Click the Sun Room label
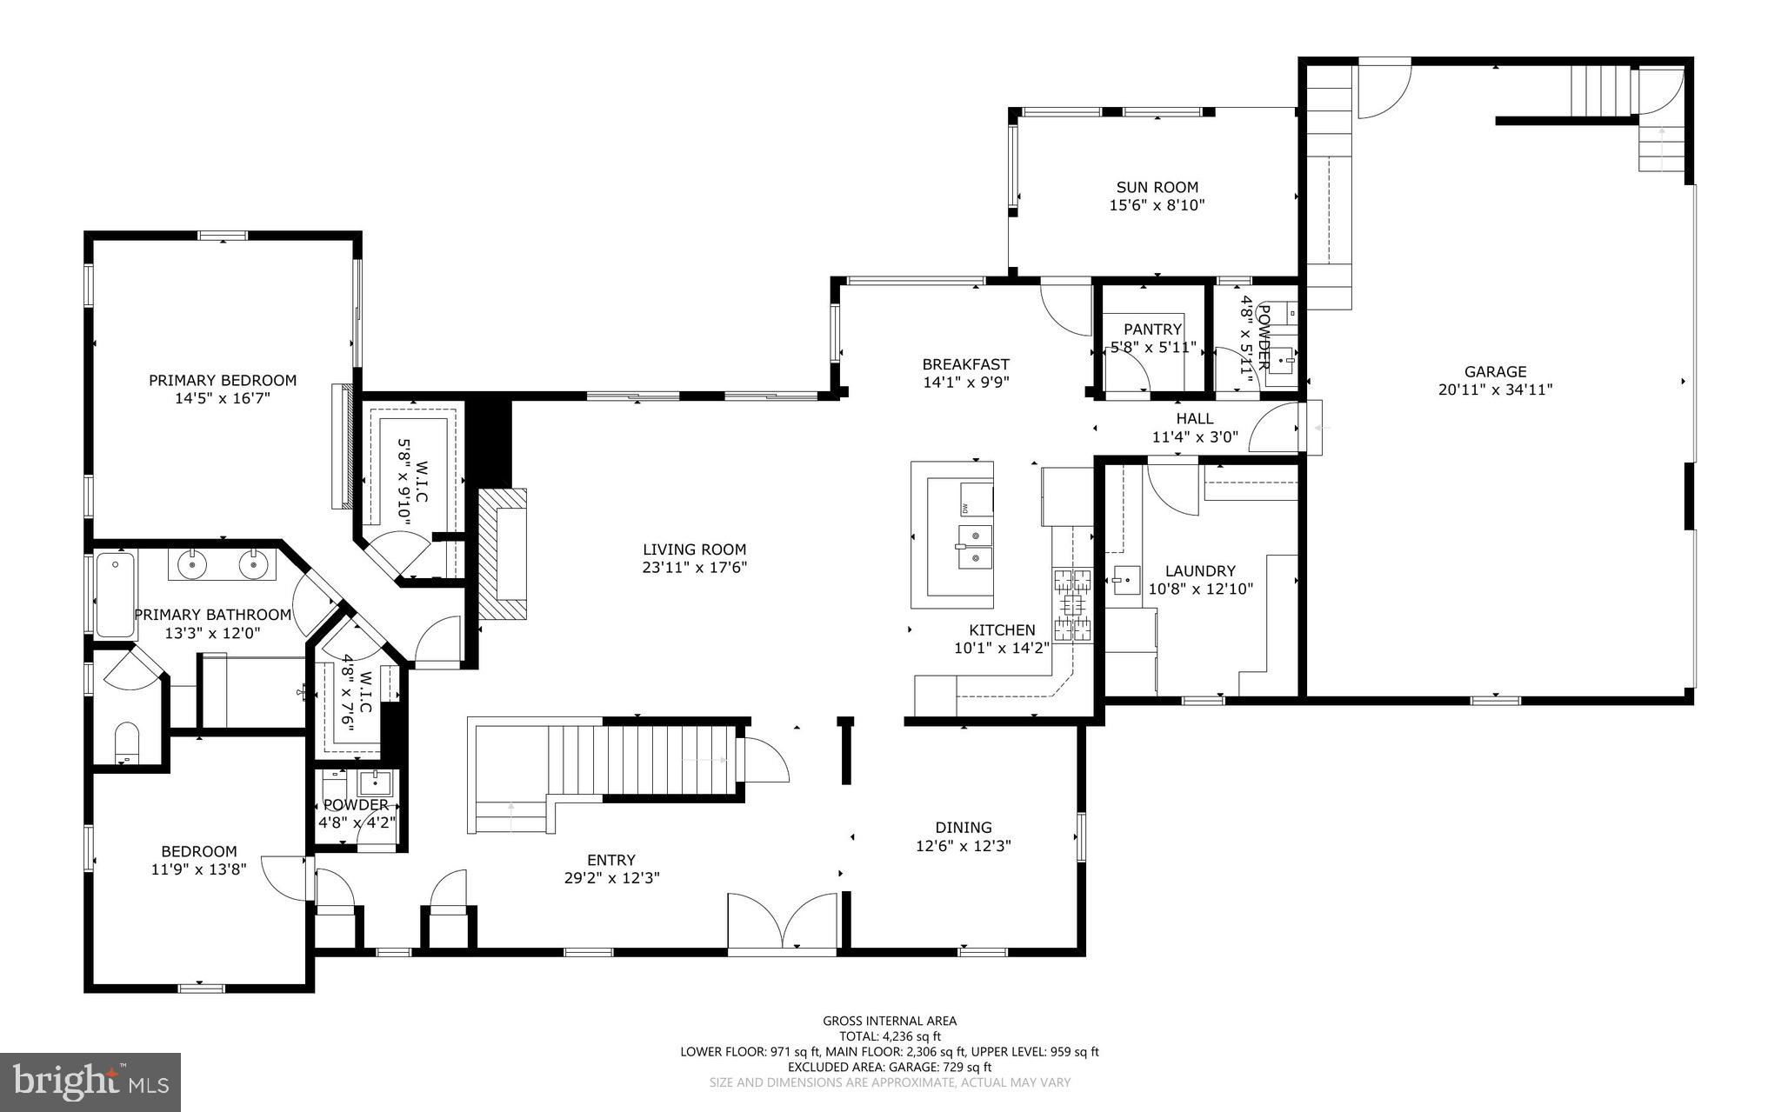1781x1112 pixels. [1157, 187]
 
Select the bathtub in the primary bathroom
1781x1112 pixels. [116, 595]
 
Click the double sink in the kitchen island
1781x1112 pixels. [976, 546]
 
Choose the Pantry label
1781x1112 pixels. [1152, 330]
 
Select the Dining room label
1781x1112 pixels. [963, 827]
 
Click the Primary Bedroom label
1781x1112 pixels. [222, 380]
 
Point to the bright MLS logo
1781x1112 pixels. [90, 1081]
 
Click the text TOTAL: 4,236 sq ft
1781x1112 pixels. [890, 1036]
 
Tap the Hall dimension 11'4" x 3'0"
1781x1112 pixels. [1195, 437]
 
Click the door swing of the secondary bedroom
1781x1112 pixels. [285, 878]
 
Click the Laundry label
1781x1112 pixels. [1200, 570]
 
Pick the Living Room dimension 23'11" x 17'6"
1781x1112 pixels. [694, 568]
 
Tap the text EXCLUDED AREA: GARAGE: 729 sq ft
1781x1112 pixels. [890, 1067]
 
